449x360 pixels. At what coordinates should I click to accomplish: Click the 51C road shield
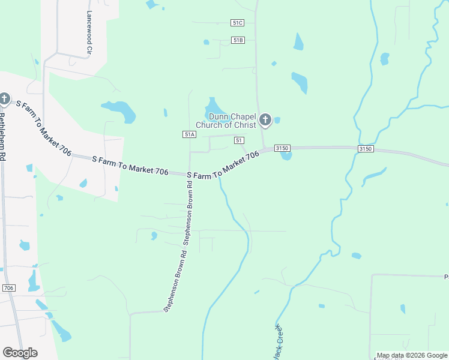pyautogui.click(x=238, y=23)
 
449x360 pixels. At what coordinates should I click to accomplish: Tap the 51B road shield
pyautogui.click(x=238, y=40)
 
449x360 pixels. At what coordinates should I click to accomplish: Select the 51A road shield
pyautogui.click(x=190, y=134)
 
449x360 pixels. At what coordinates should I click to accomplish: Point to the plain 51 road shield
pyautogui.click(x=240, y=140)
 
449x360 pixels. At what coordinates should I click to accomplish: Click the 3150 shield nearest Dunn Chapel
pyautogui.click(x=282, y=148)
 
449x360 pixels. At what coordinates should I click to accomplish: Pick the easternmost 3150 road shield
pyautogui.click(x=365, y=149)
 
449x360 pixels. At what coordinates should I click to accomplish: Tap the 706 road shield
pyautogui.click(x=8, y=288)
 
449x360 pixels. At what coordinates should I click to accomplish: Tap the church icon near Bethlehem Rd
pyautogui.click(x=5, y=98)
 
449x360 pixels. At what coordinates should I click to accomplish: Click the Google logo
pyautogui.click(x=20, y=353)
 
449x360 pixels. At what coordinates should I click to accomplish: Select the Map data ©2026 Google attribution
pyautogui.click(x=412, y=356)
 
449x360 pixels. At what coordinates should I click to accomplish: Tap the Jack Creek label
pyautogui.click(x=274, y=342)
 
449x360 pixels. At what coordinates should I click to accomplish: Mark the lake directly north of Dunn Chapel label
pyautogui.click(x=212, y=104)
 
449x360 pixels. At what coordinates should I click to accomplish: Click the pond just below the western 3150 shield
pyautogui.click(x=286, y=156)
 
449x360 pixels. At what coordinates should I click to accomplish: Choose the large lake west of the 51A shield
pyautogui.click(x=119, y=110)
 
